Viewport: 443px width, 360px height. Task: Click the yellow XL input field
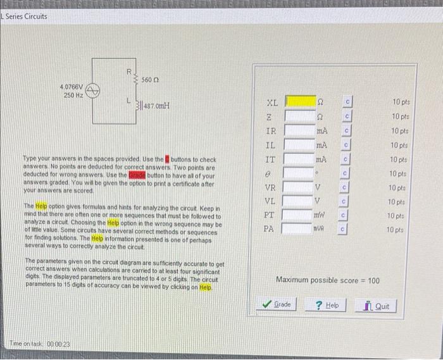tap(300, 101)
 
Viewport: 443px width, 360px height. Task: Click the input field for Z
tap(300, 116)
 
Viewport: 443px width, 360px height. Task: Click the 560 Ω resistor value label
tap(149, 80)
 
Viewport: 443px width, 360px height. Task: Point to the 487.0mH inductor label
tap(154, 106)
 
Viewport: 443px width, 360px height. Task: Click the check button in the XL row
tap(347, 101)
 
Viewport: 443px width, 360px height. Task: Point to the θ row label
tap(269, 173)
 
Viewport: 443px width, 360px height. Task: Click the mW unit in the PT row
tap(322, 215)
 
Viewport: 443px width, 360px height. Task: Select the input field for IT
tap(300, 158)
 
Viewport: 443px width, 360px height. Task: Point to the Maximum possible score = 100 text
tap(328, 280)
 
